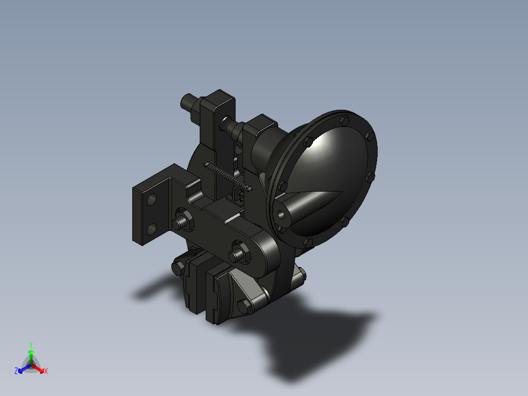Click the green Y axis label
click(x=30, y=345)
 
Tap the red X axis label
click(x=46, y=371)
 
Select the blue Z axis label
click(x=16, y=371)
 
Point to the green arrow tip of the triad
click(x=30, y=352)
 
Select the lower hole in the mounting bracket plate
click(x=152, y=229)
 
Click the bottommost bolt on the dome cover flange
click(x=309, y=242)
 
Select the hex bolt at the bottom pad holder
click(x=243, y=307)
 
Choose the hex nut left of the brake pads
click(x=177, y=268)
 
